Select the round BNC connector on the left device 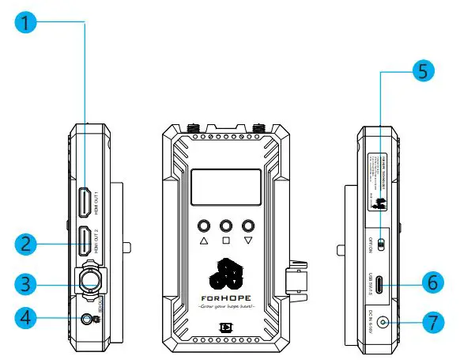click(x=87, y=282)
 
